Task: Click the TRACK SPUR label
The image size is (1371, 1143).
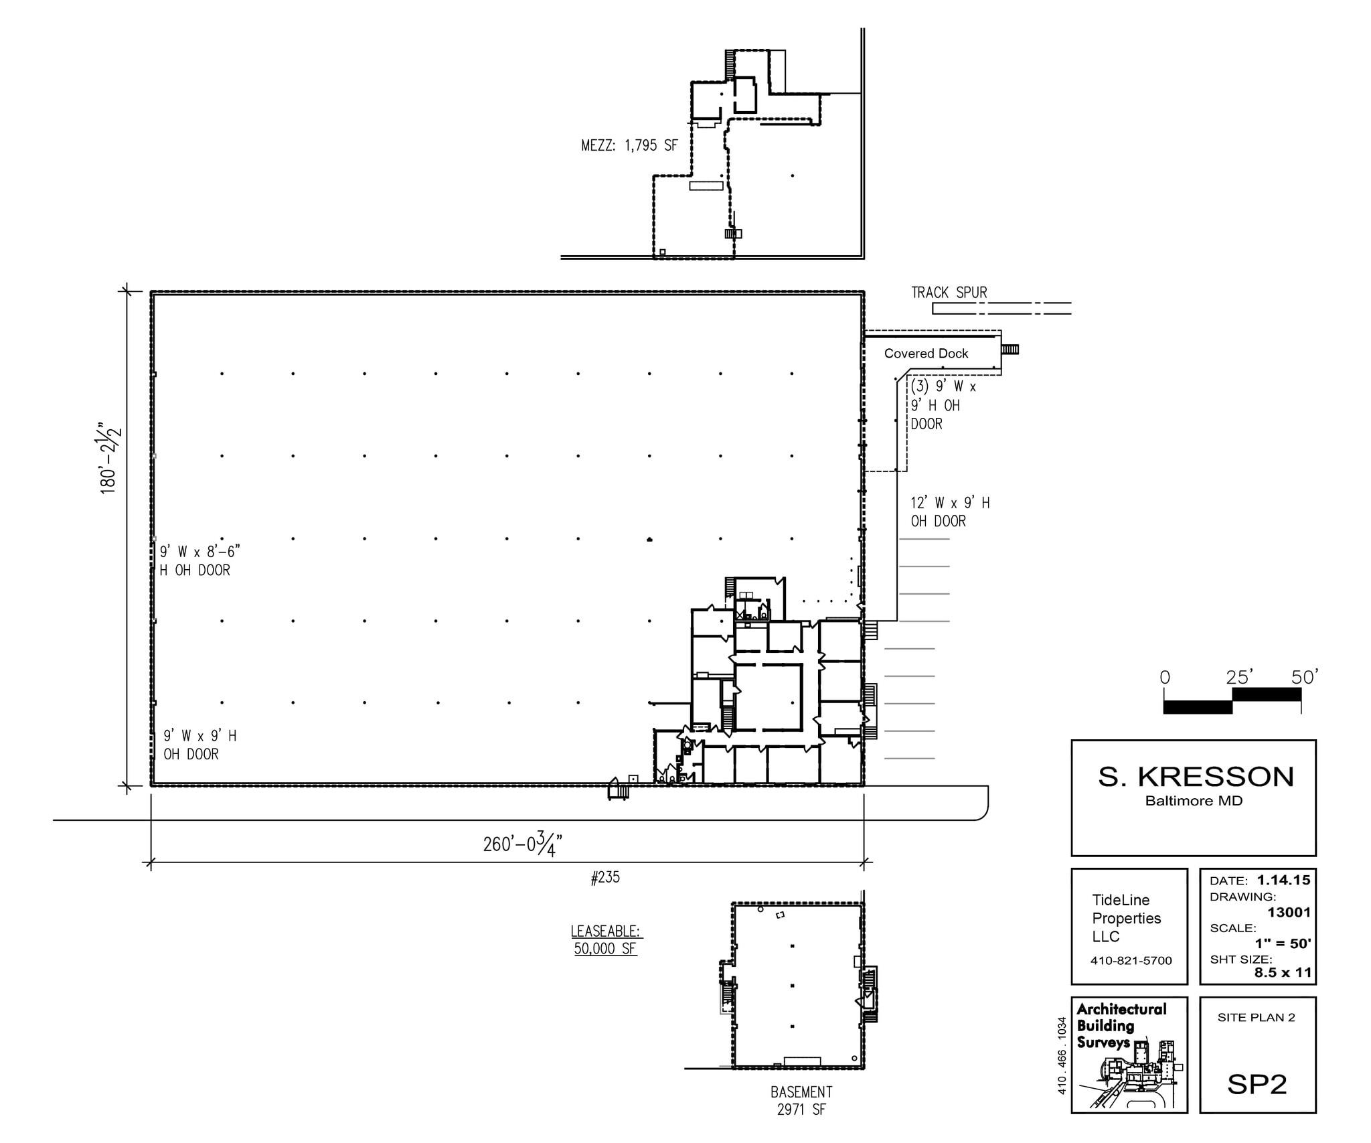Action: click(949, 293)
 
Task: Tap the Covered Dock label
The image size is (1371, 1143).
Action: click(926, 354)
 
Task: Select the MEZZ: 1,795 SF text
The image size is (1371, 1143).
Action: click(629, 145)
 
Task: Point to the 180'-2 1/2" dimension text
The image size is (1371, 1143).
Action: click(110, 458)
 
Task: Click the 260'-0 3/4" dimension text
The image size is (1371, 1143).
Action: click(522, 843)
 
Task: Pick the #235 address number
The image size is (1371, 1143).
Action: click(605, 877)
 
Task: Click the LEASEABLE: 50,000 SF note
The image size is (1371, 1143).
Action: click(605, 939)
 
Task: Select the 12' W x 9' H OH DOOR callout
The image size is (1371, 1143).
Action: click(950, 512)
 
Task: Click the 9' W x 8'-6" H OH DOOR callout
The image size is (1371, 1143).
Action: click(199, 560)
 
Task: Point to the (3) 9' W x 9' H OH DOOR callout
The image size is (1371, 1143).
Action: click(943, 405)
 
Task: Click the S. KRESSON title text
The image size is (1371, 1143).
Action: click(1196, 777)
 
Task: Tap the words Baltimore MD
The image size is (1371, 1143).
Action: click(1194, 801)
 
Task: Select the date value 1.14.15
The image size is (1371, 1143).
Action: click(1283, 880)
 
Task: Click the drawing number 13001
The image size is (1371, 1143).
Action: click(1289, 912)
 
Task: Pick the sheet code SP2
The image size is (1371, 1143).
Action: click(1257, 1084)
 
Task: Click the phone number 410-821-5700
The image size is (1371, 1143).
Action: click(1131, 960)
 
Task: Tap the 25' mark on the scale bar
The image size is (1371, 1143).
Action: click(1238, 678)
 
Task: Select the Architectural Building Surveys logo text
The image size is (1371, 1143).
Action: click(1121, 1026)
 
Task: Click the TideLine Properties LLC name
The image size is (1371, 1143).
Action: click(1127, 918)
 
